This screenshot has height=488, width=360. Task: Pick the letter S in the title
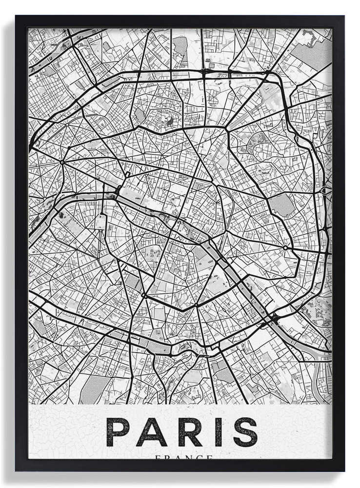[x=245, y=432]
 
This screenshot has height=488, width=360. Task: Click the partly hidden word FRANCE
[x=183, y=457]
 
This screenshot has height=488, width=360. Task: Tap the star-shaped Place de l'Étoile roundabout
[x=62, y=162]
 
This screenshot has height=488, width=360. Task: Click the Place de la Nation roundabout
[x=285, y=248]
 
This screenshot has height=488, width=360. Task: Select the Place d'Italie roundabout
[x=196, y=305]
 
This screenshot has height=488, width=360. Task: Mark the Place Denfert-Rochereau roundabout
[x=144, y=295]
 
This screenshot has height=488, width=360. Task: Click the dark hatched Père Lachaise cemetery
[x=282, y=205]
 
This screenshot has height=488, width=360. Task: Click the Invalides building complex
[x=100, y=222]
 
